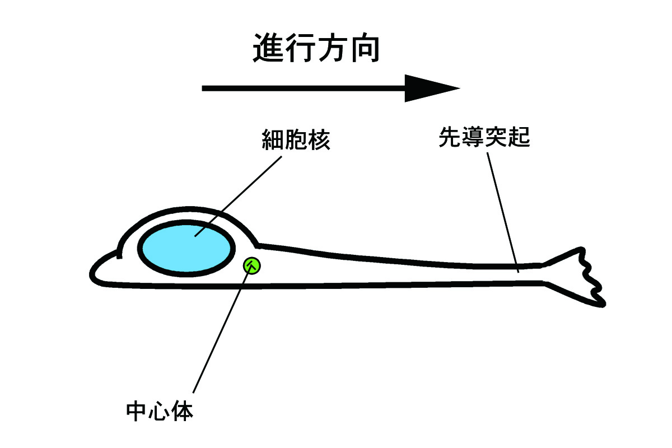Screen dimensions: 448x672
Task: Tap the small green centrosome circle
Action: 252,265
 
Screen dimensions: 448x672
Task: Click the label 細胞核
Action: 296,140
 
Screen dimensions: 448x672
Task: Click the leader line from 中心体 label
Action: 221,330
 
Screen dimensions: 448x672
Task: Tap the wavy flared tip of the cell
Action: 582,277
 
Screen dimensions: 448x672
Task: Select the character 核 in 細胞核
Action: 319,140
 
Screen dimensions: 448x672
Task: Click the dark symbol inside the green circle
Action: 252,265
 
